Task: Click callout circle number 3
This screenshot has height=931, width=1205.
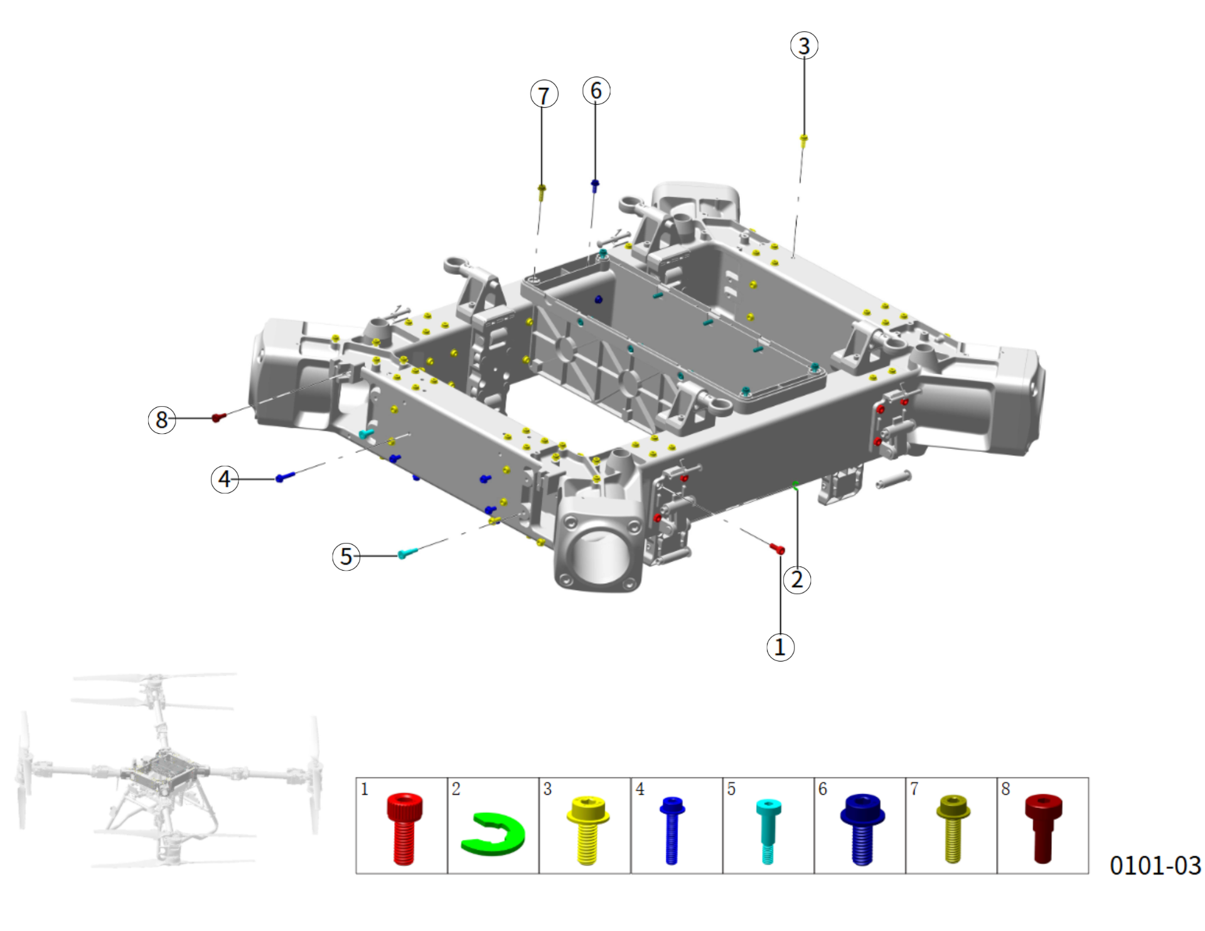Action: [804, 46]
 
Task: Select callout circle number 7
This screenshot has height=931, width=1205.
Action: [544, 95]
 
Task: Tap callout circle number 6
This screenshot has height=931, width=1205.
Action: [596, 90]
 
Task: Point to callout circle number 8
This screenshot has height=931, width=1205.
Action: [162, 419]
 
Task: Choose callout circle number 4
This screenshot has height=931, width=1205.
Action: [225, 479]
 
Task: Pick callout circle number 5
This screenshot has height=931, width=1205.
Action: [346, 556]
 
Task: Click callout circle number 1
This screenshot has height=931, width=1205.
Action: [780, 647]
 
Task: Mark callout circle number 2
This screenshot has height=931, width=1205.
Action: [797, 579]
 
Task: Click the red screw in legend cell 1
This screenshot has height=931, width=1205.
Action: [404, 829]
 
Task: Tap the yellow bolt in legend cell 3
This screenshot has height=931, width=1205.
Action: [587, 830]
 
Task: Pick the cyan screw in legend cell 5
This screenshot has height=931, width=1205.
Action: [768, 831]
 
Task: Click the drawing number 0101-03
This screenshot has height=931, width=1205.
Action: [1155, 865]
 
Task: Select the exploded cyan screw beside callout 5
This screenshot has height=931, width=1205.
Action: [408, 553]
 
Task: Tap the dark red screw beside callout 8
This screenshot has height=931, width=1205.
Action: [218, 417]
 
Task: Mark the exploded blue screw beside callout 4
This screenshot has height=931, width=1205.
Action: [285, 477]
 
